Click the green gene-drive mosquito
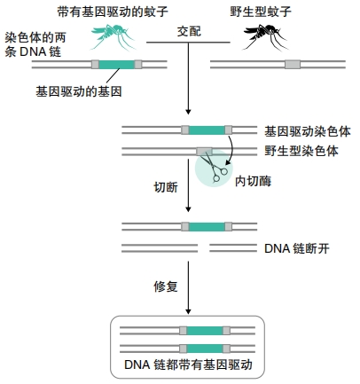pos(111,35)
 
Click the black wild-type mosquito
pos(264,36)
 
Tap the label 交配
pos(189,32)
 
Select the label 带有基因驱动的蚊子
pos(113,12)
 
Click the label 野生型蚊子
pos(261,12)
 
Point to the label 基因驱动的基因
pos(79,91)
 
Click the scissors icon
pos(214,167)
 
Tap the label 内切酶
pos(253,181)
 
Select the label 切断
pos(166,187)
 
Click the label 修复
pos(166,286)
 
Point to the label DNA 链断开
pos(296,248)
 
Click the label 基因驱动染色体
pos(308,131)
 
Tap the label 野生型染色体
pos(301,151)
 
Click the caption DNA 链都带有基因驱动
pos(188,364)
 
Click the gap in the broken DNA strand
pos(203,248)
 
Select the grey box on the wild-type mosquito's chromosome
pos(293,64)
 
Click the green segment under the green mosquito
pos(116,64)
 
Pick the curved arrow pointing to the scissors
pos(231,149)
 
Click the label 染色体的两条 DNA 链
pos(35,44)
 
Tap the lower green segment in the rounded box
pos(205,349)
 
